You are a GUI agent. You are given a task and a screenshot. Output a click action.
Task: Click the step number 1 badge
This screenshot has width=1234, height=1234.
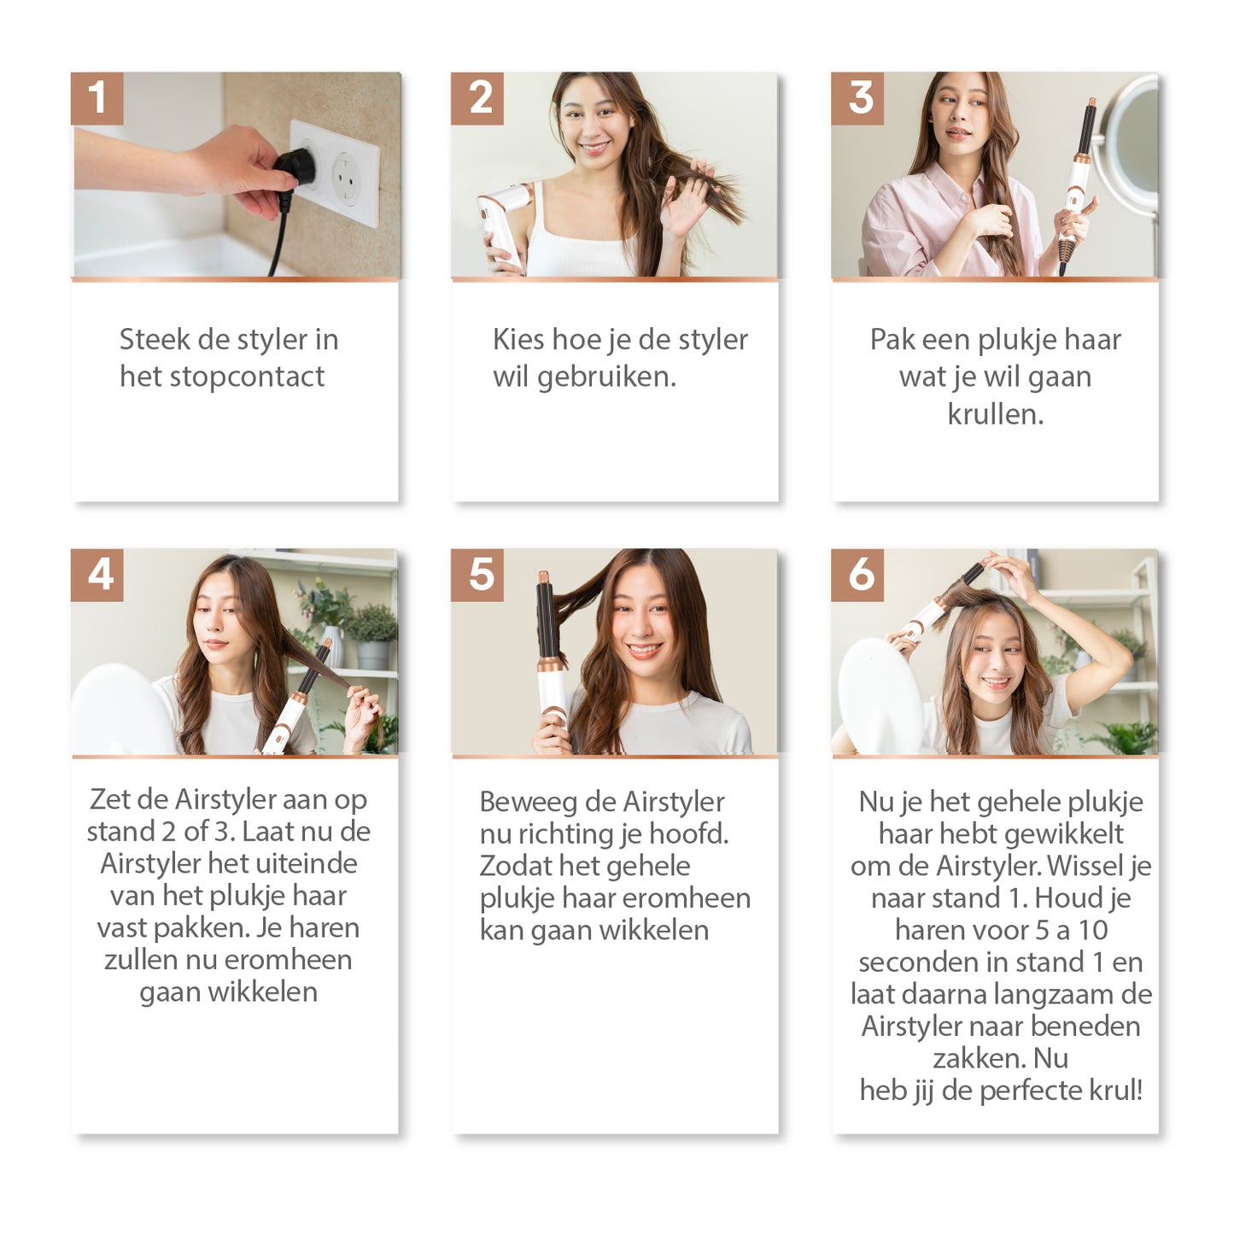96,98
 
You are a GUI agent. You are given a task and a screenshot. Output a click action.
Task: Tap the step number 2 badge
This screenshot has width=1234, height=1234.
477,98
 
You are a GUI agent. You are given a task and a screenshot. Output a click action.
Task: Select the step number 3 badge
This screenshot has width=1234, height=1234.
857,98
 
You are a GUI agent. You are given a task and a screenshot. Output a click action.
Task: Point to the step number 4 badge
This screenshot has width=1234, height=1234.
96,575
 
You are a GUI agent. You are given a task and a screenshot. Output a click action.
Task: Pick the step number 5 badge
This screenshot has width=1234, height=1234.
477,575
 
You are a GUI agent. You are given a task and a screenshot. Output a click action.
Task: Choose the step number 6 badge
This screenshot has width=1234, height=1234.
857,575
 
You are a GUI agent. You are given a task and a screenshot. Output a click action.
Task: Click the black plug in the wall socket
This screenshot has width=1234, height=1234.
295,167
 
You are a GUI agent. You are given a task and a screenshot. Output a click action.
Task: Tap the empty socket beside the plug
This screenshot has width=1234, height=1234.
347,178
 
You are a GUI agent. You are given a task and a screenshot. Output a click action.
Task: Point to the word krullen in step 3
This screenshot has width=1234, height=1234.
996,414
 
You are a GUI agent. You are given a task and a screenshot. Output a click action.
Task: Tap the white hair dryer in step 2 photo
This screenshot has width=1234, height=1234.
503,221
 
